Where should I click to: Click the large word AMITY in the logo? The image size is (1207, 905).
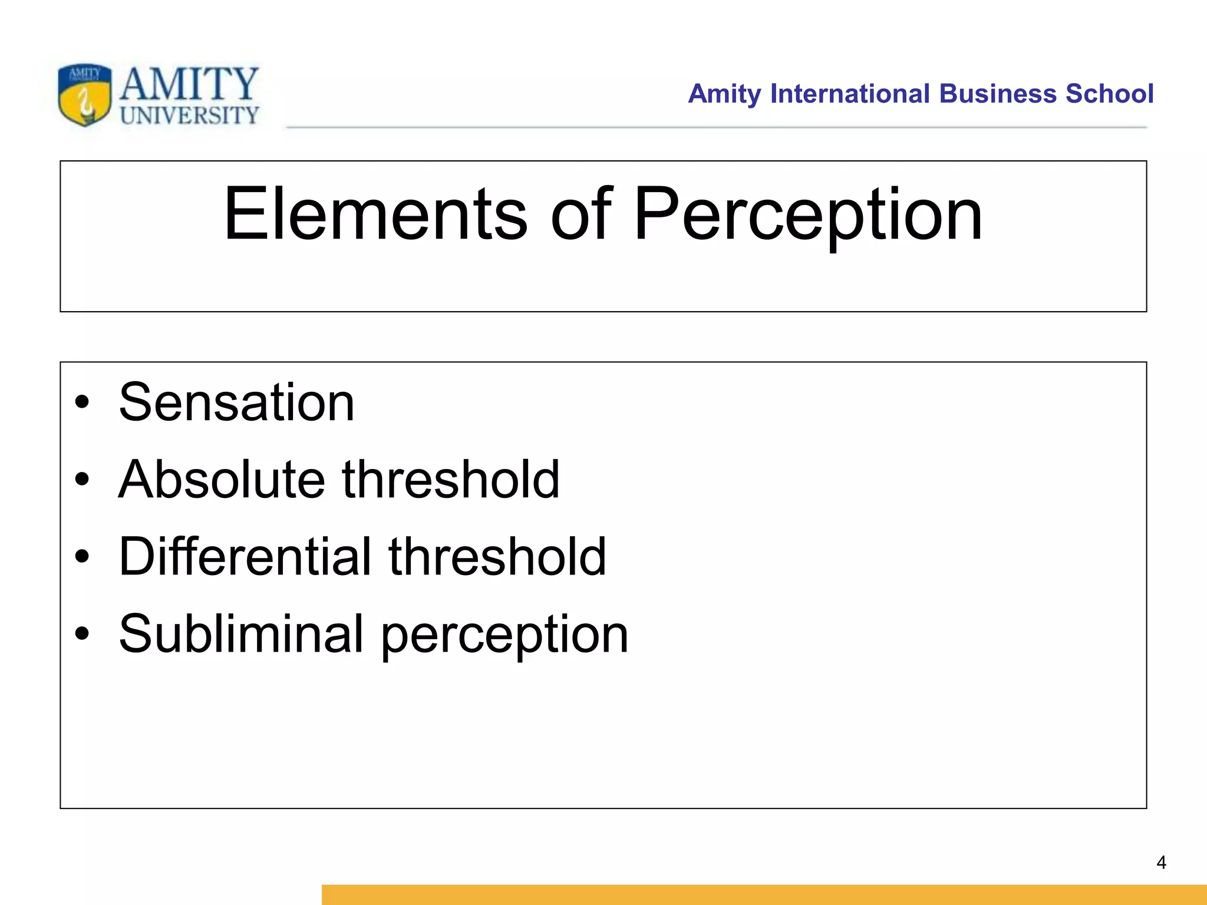tap(189, 83)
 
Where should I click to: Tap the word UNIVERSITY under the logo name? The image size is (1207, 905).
tap(189, 115)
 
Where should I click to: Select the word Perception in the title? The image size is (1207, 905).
tap(808, 215)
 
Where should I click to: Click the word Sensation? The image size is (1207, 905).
tap(236, 402)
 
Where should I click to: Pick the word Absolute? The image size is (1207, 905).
tap(222, 480)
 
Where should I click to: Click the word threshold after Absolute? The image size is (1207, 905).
tap(450, 480)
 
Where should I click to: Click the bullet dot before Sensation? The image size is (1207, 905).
tap(82, 403)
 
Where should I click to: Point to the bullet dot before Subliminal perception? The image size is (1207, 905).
tap(82, 635)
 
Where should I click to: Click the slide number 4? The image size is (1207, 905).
tap(1161, 863)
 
